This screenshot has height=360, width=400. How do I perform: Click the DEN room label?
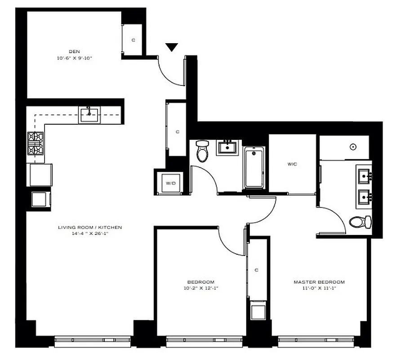(74, 51)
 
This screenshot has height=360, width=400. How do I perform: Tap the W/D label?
(170, 183)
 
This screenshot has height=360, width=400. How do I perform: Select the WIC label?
(292, 164)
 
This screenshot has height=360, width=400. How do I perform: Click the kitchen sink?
(89, 115)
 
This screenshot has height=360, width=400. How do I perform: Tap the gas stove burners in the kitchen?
(35, 143)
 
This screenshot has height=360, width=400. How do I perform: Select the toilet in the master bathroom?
(361, 222)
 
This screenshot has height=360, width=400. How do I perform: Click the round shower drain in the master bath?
(353, 147)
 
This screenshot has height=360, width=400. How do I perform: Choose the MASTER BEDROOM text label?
(319, 282)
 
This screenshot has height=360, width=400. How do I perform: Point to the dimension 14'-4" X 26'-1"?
(89, 234)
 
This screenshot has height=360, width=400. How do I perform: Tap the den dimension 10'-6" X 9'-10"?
(74, 58)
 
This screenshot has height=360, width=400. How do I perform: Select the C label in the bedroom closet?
(256, 270)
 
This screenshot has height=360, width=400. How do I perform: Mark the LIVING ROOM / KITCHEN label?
(89, 227)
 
